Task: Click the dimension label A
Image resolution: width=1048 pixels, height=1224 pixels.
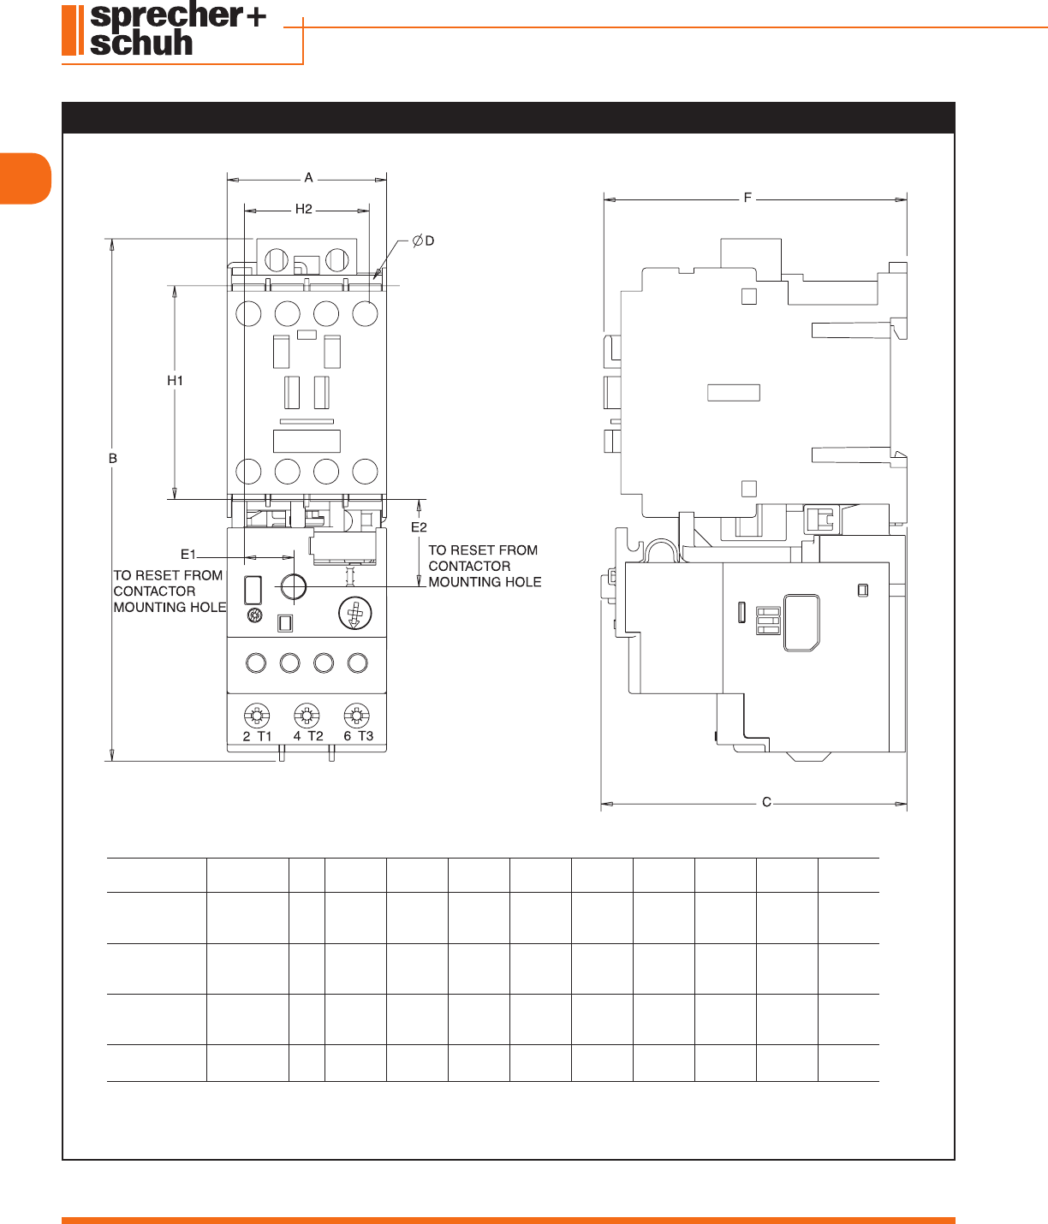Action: coord(308,178)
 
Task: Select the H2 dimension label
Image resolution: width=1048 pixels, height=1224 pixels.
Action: coord(303,209)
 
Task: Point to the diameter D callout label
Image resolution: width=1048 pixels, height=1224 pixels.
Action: coord(423,241)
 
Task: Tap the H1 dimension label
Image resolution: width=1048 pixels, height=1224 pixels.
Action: coord(175,381)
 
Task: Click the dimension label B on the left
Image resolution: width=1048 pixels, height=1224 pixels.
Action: coord(112,458)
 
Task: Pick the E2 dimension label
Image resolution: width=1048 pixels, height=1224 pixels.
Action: coord(419,527)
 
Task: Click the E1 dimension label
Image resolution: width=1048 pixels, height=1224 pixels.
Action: coord(188,555)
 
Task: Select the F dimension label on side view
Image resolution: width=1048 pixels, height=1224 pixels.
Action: coord(747,197)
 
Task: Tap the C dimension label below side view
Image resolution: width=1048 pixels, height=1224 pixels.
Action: coord(766,802)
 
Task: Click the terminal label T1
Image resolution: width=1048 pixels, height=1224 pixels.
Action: coord(265,736)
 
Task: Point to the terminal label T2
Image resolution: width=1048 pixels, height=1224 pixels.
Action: coord(315,736)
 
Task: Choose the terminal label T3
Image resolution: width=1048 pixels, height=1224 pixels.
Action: coord(366,736)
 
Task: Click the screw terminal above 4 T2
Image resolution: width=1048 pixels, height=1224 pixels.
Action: coord(307,716)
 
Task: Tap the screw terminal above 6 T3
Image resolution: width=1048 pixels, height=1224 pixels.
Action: coord(357,716)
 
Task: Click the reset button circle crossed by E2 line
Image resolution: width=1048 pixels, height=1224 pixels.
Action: coord(293,587)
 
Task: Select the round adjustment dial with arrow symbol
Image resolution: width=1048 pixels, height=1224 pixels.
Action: coord(354,613)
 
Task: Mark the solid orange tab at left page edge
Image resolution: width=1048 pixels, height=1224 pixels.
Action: coord(26,178)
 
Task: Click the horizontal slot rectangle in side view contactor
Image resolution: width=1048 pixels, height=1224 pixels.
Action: coord(734,393)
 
